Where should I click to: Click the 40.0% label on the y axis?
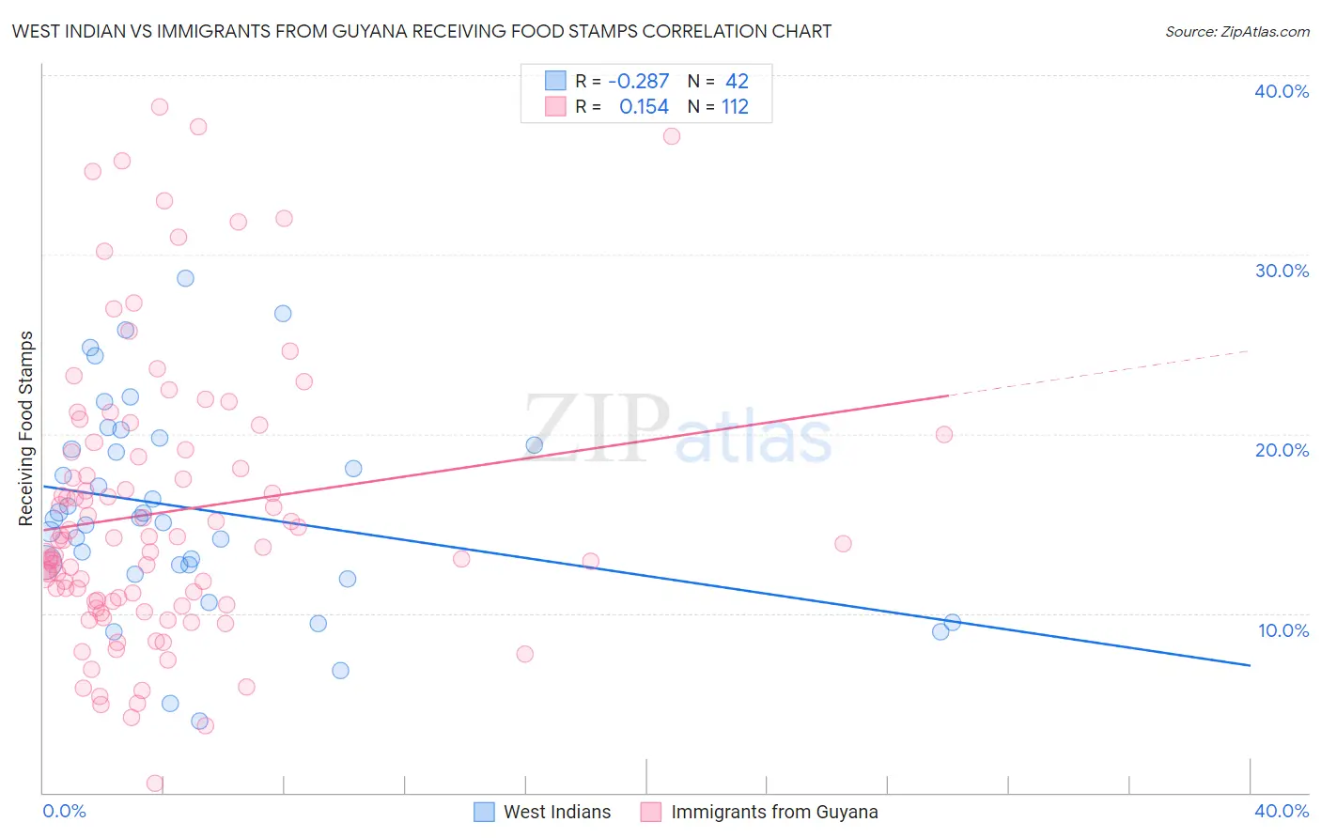point(1282,91)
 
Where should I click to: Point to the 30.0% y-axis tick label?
point(1282,271)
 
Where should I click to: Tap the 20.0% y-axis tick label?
point(1282,450)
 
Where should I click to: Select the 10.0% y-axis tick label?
point(1283,630)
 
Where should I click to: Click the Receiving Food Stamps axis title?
point(26,428)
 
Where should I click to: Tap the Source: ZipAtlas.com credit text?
point(1236,31)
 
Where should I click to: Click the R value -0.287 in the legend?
point(638,82)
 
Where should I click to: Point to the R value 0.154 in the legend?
point(644,107)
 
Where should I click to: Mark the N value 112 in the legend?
point(735,107)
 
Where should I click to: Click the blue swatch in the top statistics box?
point(556,81)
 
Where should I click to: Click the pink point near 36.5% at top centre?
point(672,136)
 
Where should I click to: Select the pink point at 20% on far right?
point(944,434)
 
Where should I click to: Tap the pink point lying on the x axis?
point(155,784)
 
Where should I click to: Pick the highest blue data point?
point(186,278)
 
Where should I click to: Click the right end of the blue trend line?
point(1250,665)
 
